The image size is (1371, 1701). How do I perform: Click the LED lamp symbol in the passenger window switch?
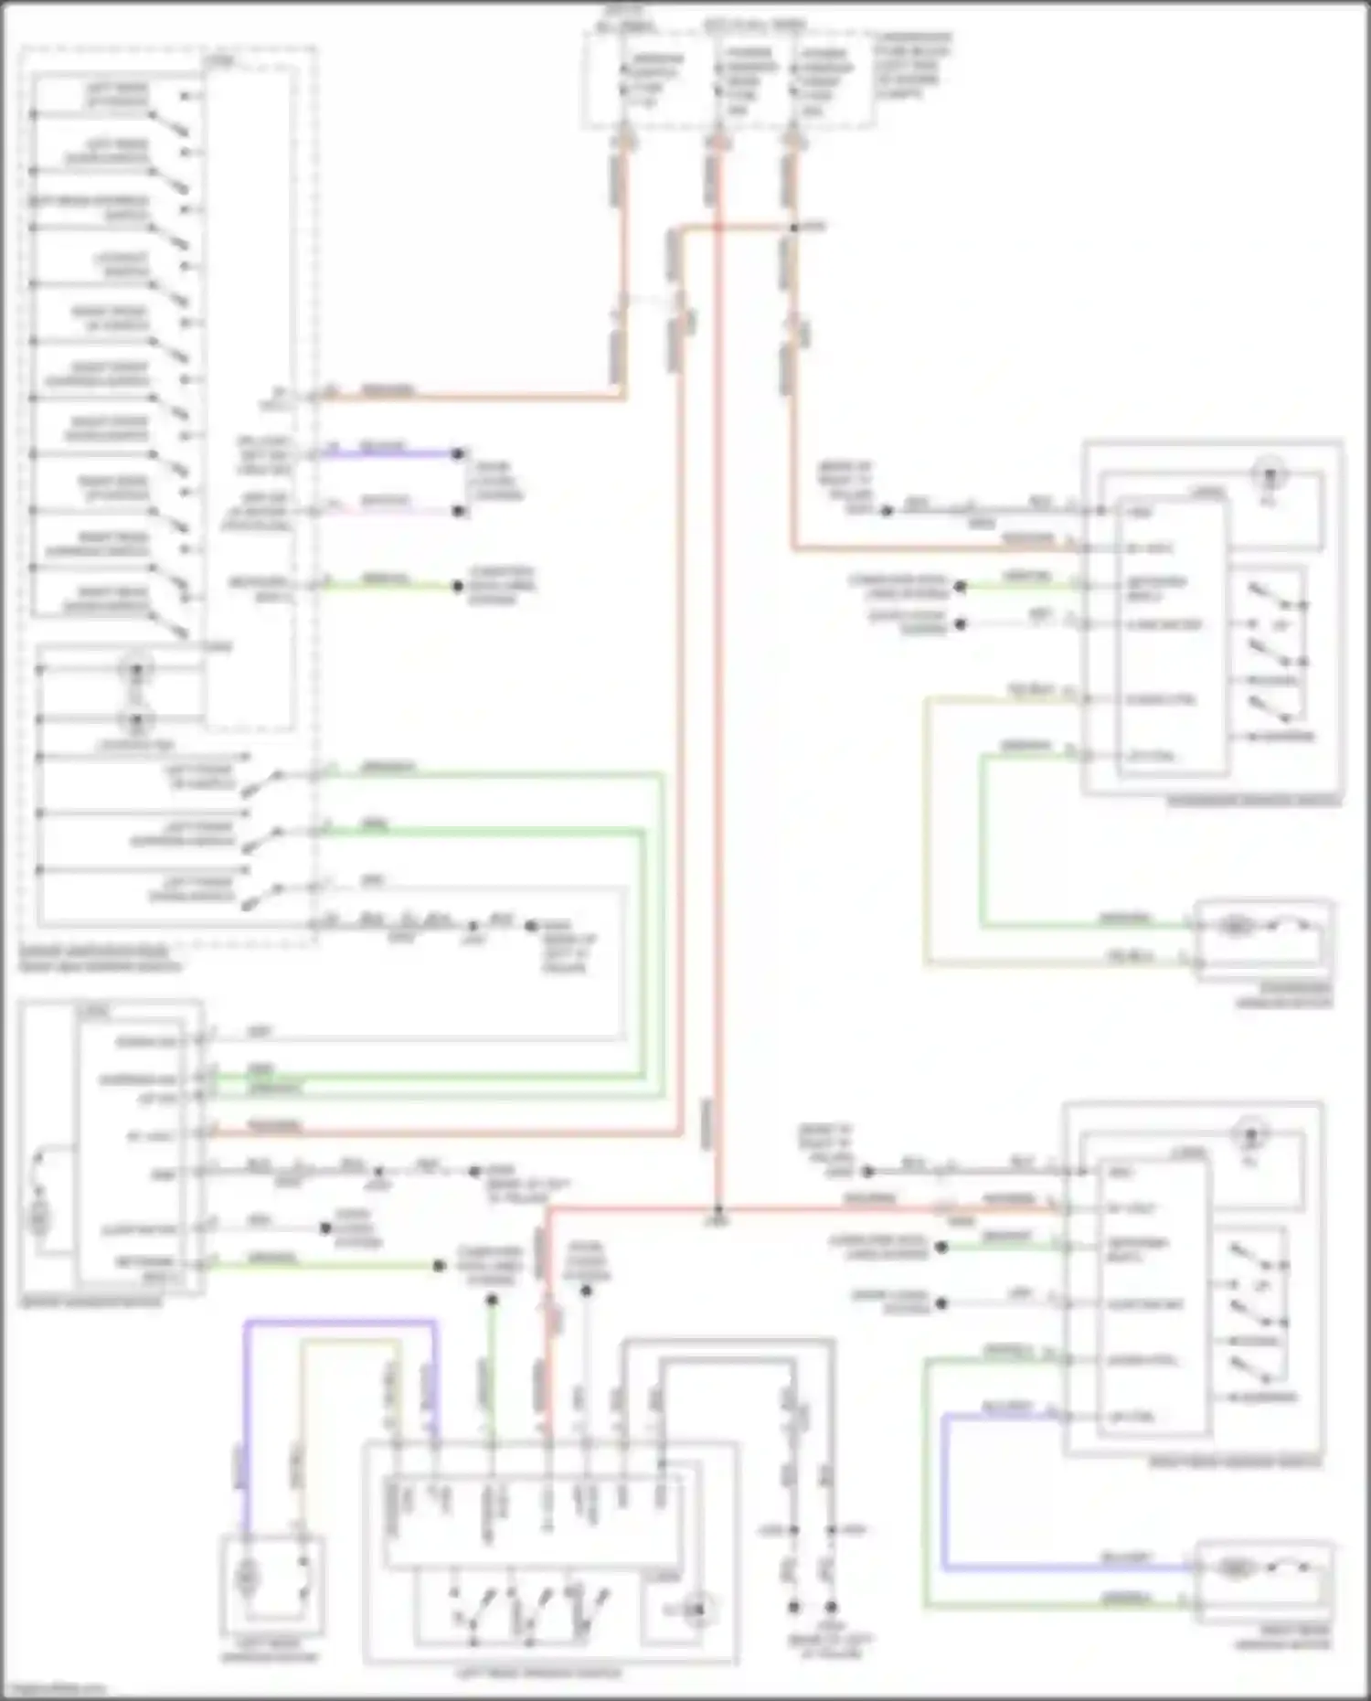[1270, 475]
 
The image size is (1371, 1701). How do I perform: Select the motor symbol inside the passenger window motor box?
[1235, 927]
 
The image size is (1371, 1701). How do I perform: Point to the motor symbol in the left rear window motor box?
[247, 1577]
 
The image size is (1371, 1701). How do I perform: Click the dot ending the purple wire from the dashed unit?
[460, 453]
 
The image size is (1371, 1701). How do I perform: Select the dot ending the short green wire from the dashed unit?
[460, 586]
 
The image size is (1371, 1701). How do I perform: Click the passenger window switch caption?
[1253, 802]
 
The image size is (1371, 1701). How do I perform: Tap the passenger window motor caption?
[1284, 995]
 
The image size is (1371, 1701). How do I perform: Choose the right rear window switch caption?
[1234, 1462]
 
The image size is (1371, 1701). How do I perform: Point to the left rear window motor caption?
[271, 1656]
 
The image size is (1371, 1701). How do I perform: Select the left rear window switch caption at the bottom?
[538, 1674]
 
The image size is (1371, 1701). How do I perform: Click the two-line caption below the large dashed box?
[101, 959]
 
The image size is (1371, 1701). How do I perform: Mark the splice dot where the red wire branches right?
[718, 1211]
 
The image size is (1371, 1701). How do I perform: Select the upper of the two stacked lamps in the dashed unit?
[136, 670]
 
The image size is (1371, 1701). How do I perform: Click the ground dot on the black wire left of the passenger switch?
[886, 510]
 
